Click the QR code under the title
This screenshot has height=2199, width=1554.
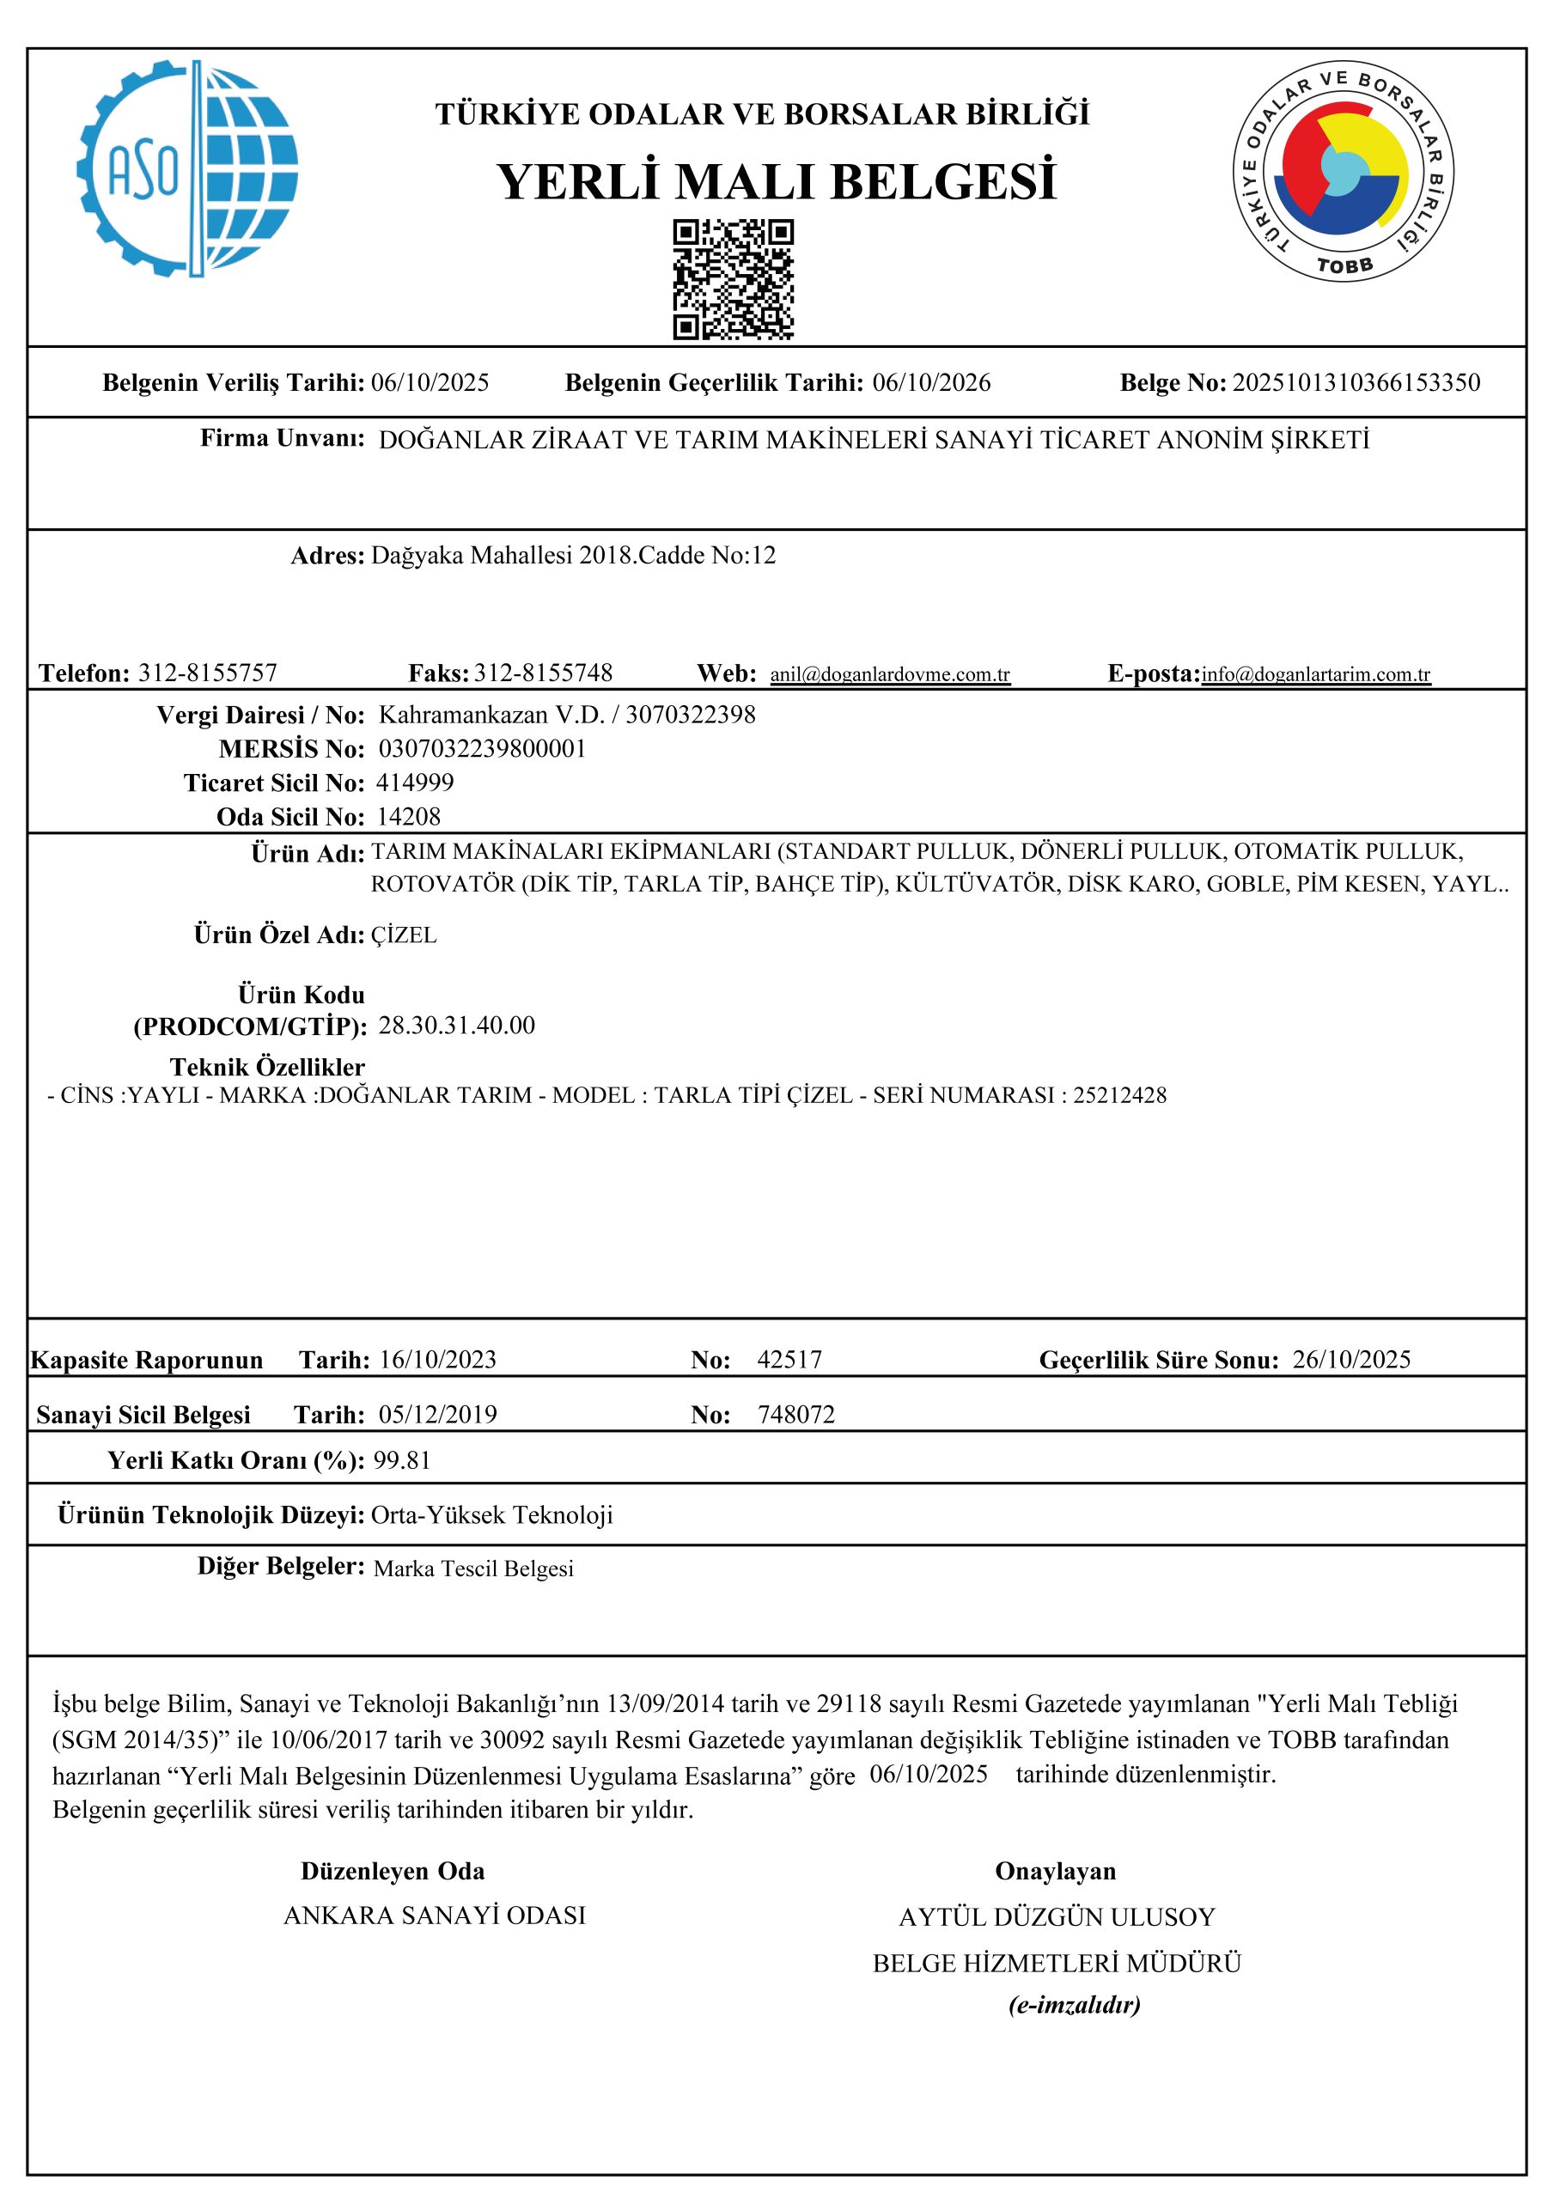[734, 280]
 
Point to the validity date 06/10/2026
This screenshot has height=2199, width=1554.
[931, 383]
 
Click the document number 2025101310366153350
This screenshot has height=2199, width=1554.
[1356, 383]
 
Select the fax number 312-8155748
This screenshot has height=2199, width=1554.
[543, 673]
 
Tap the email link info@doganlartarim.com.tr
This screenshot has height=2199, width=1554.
[1316, 674]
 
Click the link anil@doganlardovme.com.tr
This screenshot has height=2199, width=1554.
[890, 674]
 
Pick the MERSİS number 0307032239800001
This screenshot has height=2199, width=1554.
[483, 748]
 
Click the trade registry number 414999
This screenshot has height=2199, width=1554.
[415, 783]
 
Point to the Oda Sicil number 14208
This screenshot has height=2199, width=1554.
[409, 816]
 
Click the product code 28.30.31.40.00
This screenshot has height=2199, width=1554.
[457, 1026]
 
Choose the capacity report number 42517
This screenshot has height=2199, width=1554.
[789, 1359]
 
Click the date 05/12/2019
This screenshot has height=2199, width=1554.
[438, 1415]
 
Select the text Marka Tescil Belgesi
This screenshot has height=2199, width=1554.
[473, 1569]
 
